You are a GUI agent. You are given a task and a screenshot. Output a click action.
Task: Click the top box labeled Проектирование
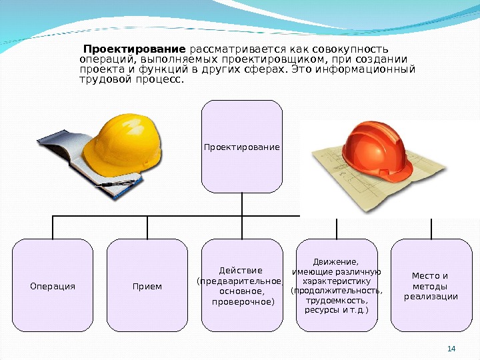point(242,146)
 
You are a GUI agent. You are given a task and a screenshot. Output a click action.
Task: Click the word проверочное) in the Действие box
point(242,302)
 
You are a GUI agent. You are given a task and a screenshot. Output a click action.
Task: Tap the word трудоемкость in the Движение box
point(337,301)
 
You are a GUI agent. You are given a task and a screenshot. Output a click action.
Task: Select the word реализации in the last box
point(431,296)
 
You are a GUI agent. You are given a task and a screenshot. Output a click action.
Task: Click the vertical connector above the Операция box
point(53,227)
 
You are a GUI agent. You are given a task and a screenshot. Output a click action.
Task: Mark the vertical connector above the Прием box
point(147,227)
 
